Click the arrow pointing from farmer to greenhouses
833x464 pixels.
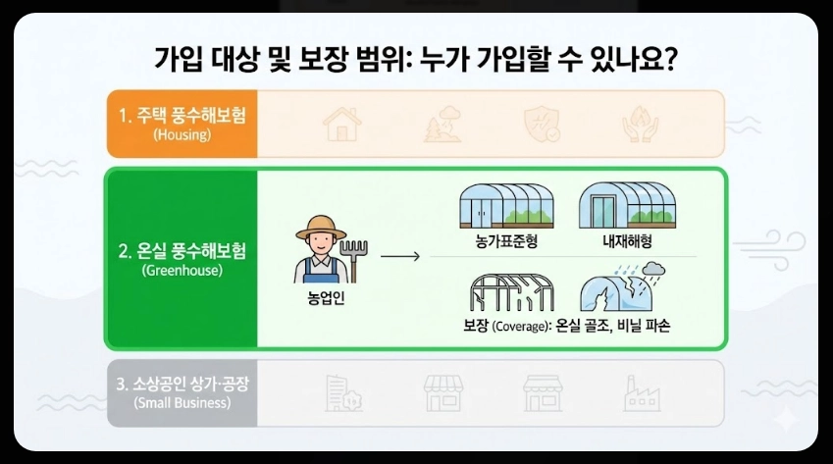coord(399,257)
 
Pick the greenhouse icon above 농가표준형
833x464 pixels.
coord(506,205)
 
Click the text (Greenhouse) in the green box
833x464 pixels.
coord(182,271)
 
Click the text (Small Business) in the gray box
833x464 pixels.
coord(182,403)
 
